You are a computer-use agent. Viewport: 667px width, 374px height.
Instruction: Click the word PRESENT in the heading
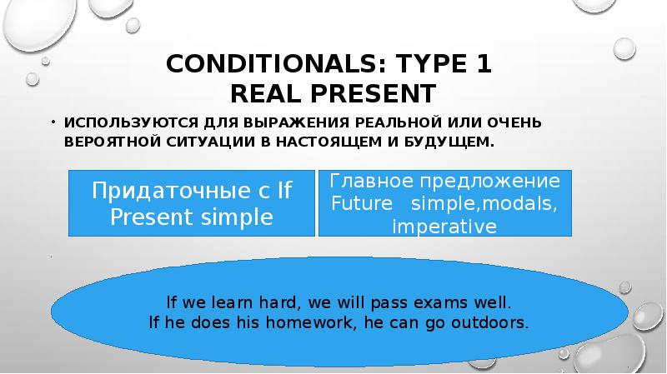[374, 93]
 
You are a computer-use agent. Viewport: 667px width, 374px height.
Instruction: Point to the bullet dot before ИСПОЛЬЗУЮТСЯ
[53, 122]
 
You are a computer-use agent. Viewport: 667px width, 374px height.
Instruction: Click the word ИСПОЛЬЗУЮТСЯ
[131, 122]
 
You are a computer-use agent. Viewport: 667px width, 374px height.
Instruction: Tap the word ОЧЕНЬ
[514, 122]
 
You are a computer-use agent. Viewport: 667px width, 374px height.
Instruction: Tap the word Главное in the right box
[371, 181]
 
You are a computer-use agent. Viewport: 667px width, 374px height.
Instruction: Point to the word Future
[362, 203]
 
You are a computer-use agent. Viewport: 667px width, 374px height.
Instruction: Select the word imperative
[444, 227]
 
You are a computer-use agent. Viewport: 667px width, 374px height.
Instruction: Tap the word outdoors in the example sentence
[490, 322]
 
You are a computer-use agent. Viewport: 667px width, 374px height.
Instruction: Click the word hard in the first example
[278, 302]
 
